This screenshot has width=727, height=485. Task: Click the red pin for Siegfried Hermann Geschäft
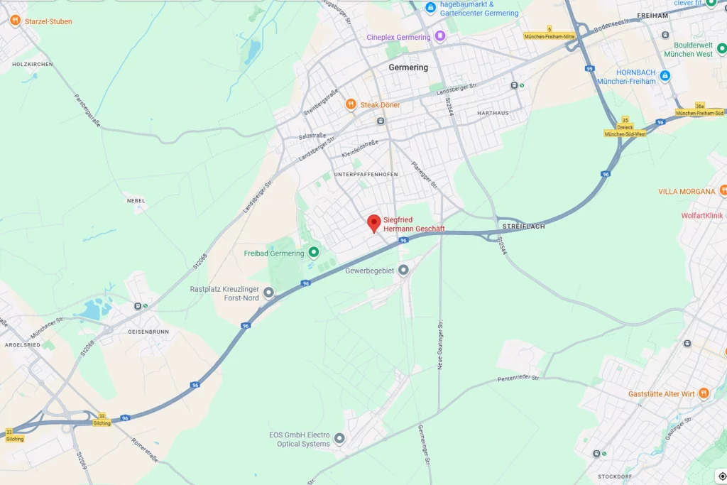pos(373,223)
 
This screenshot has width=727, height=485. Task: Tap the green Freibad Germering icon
pos(313,253)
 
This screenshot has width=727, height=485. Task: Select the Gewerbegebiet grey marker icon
pos(403,270)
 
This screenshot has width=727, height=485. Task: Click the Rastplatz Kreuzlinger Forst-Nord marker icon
pos(268,292)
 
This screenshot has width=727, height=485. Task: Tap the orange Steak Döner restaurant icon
pos(351,104)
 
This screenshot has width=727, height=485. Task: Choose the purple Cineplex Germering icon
pos(440,36)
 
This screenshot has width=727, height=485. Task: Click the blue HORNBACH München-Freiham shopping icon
pos(665,76)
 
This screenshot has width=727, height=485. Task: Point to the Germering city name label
pos(408,67)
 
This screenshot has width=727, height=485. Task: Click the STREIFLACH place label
pos(523,226)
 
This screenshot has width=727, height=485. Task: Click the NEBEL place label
pos(136,201)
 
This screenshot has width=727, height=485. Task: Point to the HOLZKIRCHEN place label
pos(33,65)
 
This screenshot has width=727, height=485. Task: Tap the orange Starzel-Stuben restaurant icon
pos(15,21)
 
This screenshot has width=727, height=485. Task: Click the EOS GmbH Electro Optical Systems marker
pos(339,439)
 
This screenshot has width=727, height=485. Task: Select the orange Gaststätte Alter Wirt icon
pos(704,393)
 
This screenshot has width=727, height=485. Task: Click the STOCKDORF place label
pos(615,476)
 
